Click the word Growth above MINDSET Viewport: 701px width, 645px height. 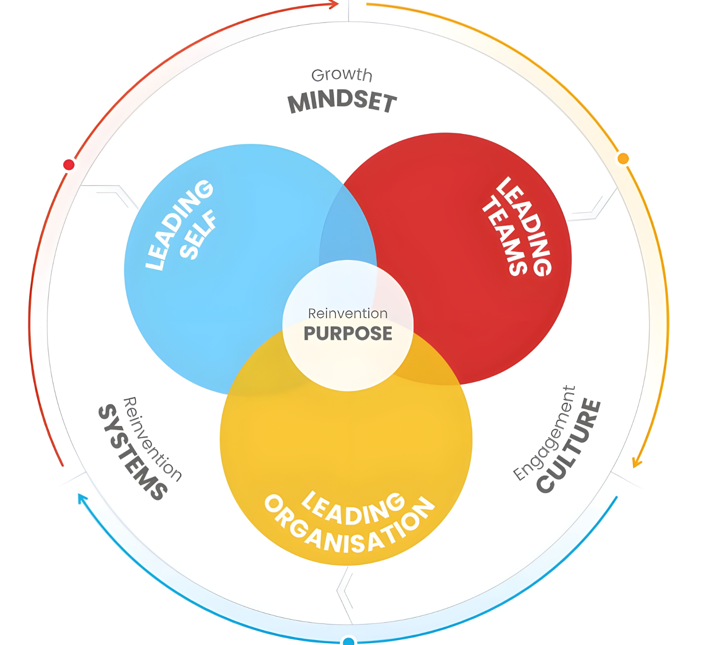[x=341, y=75]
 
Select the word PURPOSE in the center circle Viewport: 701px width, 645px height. [x=348, y=333]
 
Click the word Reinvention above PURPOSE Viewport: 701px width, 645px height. [x=348, y=313]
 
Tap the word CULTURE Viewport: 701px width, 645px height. [x=569, y=446]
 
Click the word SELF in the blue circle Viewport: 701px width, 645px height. [x=198, y=235]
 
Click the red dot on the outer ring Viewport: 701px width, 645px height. [x=69, y=165]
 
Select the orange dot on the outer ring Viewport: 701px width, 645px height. [x=623, y=159]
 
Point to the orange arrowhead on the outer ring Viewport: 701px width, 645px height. [x=636, y=463]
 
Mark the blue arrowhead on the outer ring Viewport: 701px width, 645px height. [x=82, y=499]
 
